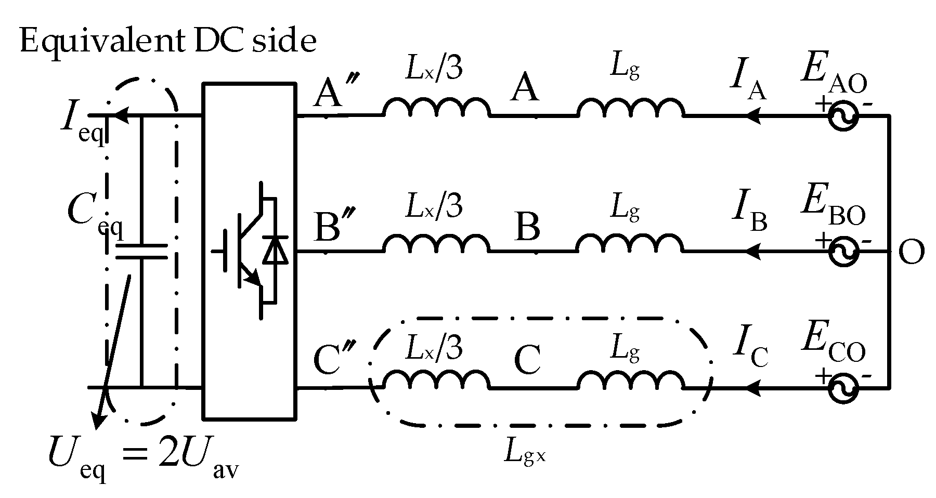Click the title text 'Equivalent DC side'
point(167,41)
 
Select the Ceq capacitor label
point(94,215)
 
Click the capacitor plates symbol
point(141,252)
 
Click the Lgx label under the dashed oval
point(525,453)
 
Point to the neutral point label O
point(911,254)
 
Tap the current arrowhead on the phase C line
point(754,388)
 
